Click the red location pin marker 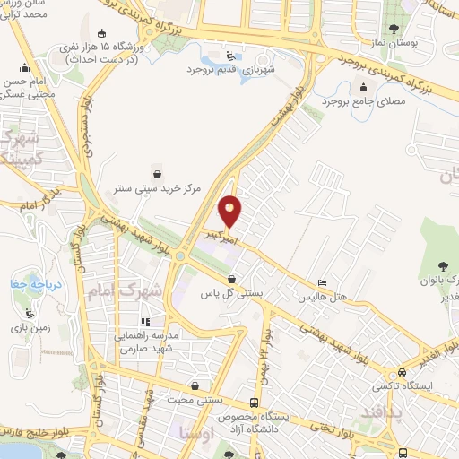230,210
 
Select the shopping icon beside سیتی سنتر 159,174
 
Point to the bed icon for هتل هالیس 323,282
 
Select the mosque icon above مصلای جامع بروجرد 363,88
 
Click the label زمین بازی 30,329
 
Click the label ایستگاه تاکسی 402,385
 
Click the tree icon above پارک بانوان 445,264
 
